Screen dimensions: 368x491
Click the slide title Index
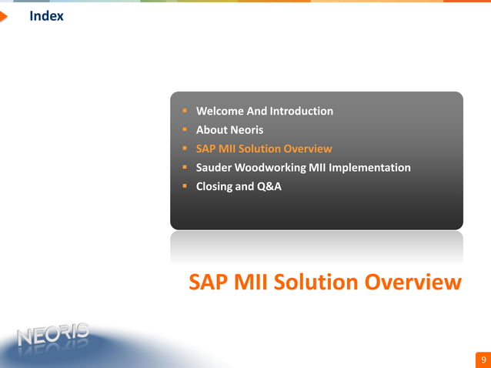(46, 16)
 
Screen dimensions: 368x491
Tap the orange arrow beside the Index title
(4, 16)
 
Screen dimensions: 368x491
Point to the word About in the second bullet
(212, 130)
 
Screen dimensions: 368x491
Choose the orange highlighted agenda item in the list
(264, 149)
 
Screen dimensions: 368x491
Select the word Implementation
(372, 167)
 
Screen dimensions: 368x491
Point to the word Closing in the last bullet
(216, 186)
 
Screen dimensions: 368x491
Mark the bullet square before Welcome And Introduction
(185, 111)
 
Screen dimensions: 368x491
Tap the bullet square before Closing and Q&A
(185, 186)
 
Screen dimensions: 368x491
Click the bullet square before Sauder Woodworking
(185, 167)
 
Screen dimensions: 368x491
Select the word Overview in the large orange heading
(413, 283)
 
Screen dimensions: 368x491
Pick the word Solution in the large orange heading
(316, 283)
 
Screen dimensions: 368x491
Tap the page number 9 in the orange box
(483, 360)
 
